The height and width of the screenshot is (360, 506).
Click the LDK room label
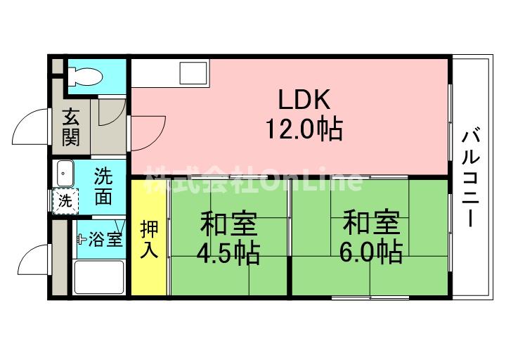click(x=304, y=99)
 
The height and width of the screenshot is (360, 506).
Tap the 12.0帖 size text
click(x=304, y=129)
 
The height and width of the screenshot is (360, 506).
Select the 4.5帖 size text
click(x=228, y=253)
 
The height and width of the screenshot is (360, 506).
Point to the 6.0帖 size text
click(x=371, y=252)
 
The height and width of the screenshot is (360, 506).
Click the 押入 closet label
click(x=149, y=239)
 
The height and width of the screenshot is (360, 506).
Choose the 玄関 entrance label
click(x=71, y=127)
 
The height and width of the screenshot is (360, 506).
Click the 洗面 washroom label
click(x=103, y=186)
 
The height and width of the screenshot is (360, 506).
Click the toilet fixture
click(x=86, y=76)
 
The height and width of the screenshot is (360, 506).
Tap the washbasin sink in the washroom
click(x=65, y=174)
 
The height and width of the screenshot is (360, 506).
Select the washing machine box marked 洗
click(x=65, y=202)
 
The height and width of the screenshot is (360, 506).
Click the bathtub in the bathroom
click(x=99, y=277)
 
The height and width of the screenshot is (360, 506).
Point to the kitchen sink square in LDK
click(x=193, y=73)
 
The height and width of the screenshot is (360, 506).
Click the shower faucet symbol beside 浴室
click(x=81, y=239)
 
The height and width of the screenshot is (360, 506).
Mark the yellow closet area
click(x=149, y=237)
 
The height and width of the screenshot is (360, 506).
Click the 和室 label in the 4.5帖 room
click(x=228, y=224)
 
